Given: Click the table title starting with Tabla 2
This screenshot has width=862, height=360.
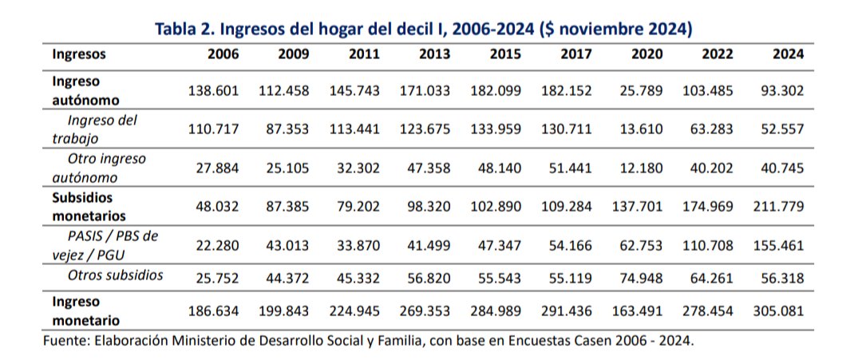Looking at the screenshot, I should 422,30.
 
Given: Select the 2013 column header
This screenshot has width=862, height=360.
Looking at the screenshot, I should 434,55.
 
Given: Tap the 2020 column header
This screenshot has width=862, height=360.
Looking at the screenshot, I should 647,55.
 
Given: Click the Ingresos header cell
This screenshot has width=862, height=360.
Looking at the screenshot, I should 79,55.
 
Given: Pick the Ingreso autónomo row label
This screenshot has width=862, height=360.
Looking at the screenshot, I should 85,91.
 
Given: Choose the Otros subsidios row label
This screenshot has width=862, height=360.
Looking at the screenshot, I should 116,275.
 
